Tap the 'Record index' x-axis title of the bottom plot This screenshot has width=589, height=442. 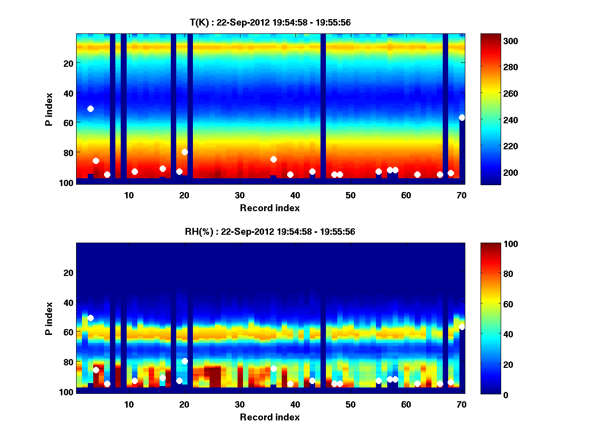click(270, 417)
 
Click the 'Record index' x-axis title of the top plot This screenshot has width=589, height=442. click(270, 208)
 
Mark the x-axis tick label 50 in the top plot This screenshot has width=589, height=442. click(350, 195)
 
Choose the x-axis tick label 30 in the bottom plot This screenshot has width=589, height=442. click(240, 404)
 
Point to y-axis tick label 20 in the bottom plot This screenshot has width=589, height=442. click(68, 273)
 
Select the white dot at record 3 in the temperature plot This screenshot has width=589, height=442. click(90, 109)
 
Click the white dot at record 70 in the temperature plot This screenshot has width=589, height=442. click(462, 117)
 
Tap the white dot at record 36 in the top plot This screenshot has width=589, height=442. click(273, 159)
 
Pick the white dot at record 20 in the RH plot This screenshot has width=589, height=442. click(185, 361)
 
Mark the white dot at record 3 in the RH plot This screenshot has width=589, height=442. click(90, 318)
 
